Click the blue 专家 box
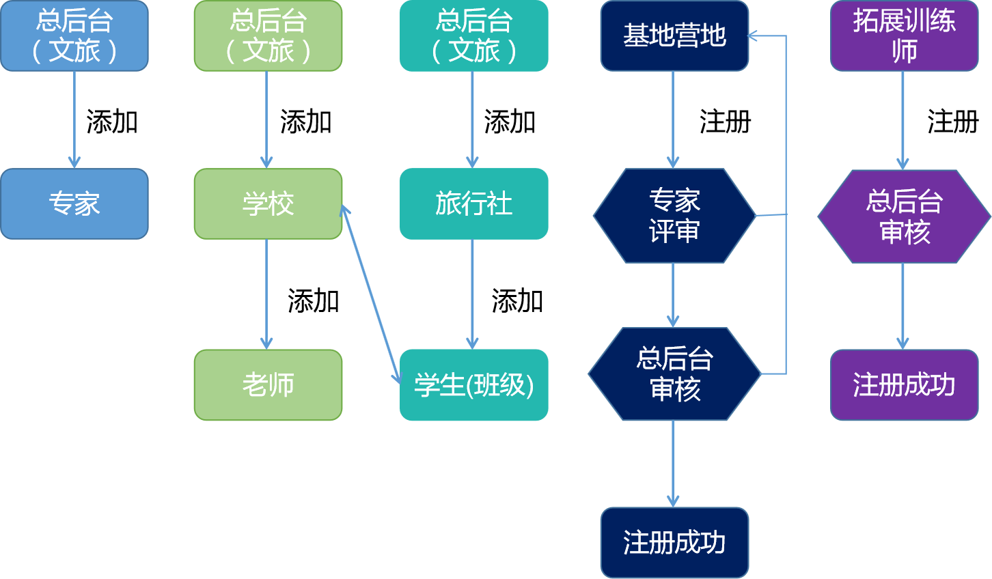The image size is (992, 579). click(74, 203)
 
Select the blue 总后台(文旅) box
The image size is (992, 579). click(74, 36)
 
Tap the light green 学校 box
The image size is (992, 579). click(268, 203)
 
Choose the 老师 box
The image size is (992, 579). click(268, 384)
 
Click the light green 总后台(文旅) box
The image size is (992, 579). click(268, 36)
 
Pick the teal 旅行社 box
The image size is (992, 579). click(473, 203)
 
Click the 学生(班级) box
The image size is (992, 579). click(473, 384)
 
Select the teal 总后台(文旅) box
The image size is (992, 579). click(473, 36)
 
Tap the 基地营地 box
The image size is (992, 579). click(674, 36)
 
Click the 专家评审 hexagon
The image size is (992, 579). click(674, 216)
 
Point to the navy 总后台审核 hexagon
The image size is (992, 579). click(674, 373)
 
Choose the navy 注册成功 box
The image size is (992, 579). click(674, 542)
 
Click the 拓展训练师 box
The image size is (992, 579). click(904, 36)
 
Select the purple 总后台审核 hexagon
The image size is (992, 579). click(904, 216)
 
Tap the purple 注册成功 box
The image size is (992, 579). click(904, 384)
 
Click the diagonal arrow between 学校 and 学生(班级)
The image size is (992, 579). click(371, 294)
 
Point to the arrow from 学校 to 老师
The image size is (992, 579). click(266, 294)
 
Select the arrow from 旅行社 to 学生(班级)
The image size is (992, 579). click(472, 294)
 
